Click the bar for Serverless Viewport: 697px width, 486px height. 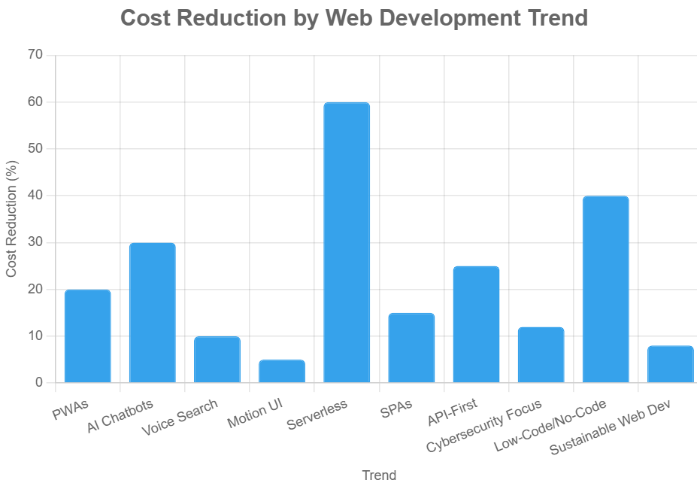tap(346, 242)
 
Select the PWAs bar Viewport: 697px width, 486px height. tap(87, 336)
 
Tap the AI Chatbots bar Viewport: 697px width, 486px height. tap(152, 313)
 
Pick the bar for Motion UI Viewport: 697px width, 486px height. tap(282, 371)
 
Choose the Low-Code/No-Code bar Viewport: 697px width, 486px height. tap(605, 290)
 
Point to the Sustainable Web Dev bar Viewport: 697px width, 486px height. tap(670, 364)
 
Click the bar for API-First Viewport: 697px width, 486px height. tap(476, 324)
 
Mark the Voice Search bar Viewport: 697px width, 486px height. tap(217, 360)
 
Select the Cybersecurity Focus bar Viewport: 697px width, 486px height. tap(541, 355)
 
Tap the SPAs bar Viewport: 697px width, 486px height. tap(411, 348)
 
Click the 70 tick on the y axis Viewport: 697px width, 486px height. tap(35, 55)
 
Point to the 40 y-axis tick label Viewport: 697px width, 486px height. tap(35, 196)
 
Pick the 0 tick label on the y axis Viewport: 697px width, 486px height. tap(39, 383)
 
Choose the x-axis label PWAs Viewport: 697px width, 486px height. tap(70, 411)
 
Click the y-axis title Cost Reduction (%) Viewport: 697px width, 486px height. tap(11, 218)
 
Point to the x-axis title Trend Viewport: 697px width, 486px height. tap(379, 475)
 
